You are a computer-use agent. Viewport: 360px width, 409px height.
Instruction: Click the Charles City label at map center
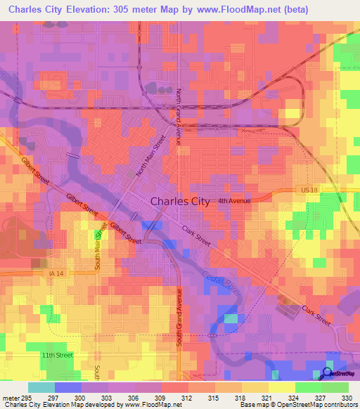[180, 201]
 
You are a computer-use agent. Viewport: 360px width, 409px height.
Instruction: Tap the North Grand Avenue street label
[179, 117]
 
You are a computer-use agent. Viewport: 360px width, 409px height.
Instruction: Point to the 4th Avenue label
[233, 201]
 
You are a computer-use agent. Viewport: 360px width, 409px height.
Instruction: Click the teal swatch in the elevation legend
[41, 387]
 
